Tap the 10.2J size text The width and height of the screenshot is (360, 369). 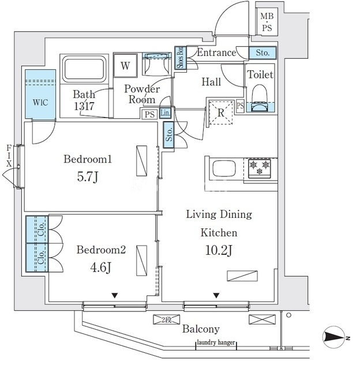(x=219, y=251)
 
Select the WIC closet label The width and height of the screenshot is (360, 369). (x=40, y=103)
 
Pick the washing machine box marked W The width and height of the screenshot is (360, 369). (x=125, y=65)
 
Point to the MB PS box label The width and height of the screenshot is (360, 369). (x=268, y=22)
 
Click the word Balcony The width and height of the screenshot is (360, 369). (x=201, y=329)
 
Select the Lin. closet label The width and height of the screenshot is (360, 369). (x=166, y=113)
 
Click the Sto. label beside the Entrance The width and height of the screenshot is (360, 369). (x=262, y=53)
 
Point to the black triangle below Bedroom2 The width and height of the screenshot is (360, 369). (x=115, y=296)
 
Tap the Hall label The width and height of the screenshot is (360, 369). (x=211, y=82)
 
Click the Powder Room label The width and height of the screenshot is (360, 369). (x=142, y=94)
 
